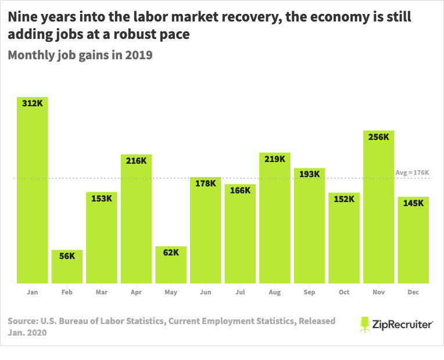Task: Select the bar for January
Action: pyautogui.click(x=32, y=192)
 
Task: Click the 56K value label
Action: pyautogui.click(x=67, y=256)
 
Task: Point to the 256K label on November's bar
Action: pyautogui.click(x=379, y=136)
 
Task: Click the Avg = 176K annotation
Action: pyautogui.click(x=412, y=172)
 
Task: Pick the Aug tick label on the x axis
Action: pyautogui.click(x=275, y=292)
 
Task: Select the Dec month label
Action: pyautogui.click(x=413, y=292)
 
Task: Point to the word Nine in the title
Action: pyautogui.click(x=21, y=17)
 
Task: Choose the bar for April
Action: pyautogui.click(x=136, y=221)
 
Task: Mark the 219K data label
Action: pyautogui.click(x=274, y=159)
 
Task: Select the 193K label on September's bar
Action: pyautogui.click(x=309, y=174)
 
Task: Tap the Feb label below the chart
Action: pyautogui.click(x=67, y=292)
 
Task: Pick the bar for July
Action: pyautogui.click(x=240, y=235)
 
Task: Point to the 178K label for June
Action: pyautogui.click(x=205, y=183)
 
